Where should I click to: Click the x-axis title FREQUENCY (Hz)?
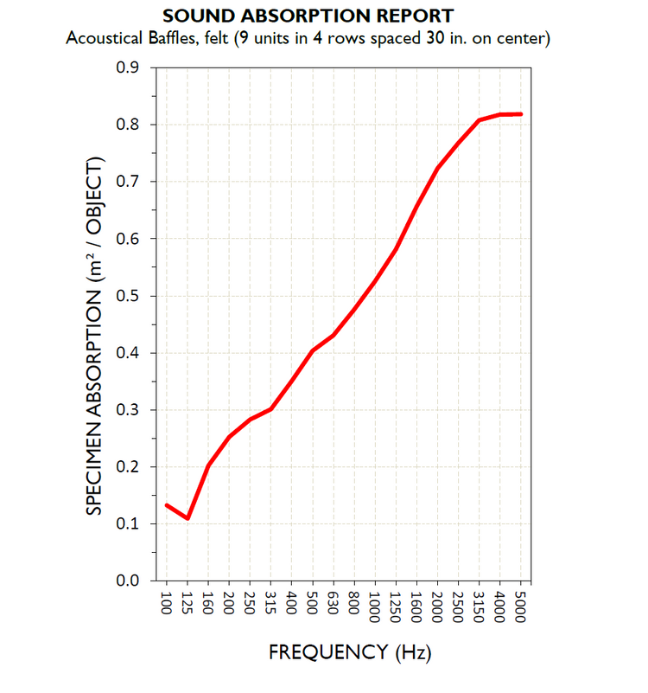[x=349, y=651]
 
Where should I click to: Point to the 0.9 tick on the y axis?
[x=129, y=67]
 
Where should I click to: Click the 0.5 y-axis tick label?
[x=129, y=296]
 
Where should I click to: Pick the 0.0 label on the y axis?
[x=129, y=581]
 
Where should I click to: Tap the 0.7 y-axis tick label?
[x=129, y=182]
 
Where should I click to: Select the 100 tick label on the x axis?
[x=167, y=603]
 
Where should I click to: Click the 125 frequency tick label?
[x=187, y=603]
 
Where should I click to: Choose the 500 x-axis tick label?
[x=313, y=603]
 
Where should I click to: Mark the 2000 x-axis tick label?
[x=438, y=606]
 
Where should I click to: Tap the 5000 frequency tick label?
[x=522, y=606]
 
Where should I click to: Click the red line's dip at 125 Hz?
[x=187, y=518]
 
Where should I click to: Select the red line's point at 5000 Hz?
[x=521, y=114]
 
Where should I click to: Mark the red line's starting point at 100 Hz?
[x=167, y=505]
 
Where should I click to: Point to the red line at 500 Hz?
[x=313, y=350]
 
